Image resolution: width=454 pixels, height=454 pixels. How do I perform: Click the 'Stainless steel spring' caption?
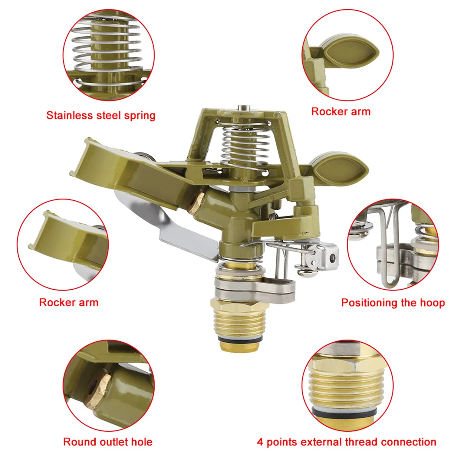(x=101, y=115)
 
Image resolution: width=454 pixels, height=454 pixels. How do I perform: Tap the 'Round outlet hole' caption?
(x=108, y=442)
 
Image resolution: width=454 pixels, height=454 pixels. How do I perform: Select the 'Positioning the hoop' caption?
(x=393, y=303)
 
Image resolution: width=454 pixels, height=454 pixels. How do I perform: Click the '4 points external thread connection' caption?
(x=347, y=442)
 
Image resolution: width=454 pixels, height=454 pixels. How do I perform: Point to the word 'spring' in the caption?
(x=140, y=116)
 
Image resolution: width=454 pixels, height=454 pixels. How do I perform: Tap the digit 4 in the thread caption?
(x=260, y=442)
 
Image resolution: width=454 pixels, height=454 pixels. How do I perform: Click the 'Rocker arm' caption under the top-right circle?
(x=341, y=111)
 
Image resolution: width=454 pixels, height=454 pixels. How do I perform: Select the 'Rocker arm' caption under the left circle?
(x=69, y=302)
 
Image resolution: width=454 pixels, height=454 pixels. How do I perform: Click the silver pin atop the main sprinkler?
(x=244, y=108)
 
